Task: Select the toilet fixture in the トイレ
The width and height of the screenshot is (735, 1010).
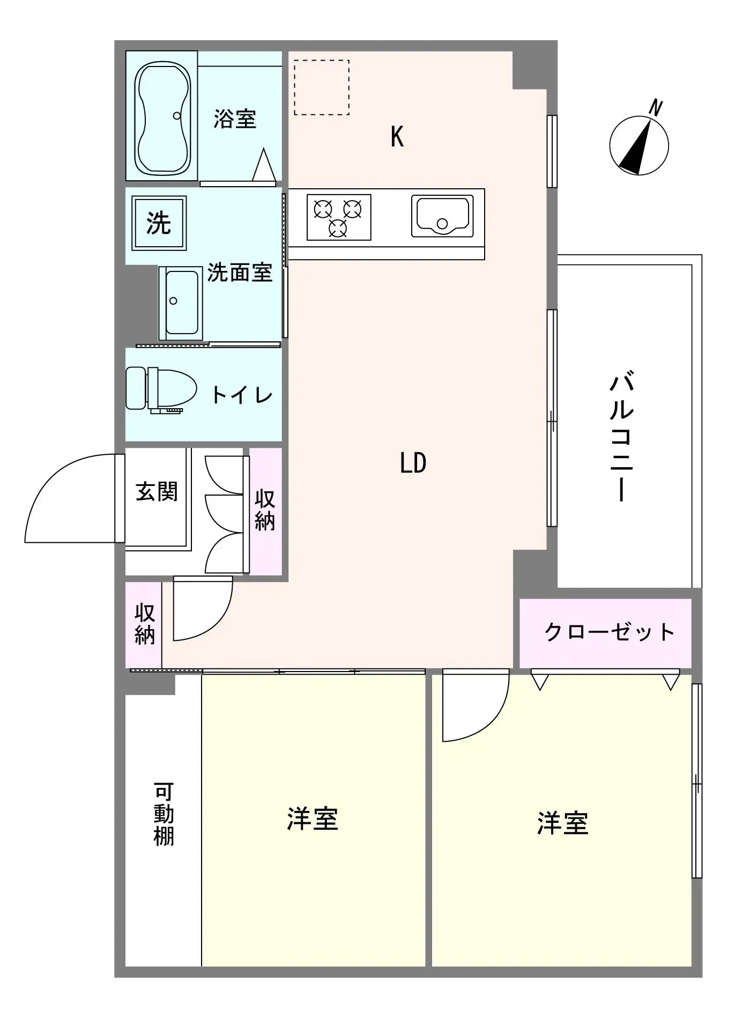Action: point(161,390)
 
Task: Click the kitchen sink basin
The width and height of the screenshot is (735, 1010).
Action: point(442,216)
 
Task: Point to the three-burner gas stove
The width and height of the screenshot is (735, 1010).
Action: point(339,217)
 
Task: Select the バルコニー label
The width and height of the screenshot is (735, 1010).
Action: point(621,438)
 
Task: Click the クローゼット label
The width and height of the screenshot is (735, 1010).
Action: point(609,632)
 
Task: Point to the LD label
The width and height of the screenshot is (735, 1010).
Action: point(413,463)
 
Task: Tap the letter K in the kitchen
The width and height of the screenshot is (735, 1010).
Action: point(397,137)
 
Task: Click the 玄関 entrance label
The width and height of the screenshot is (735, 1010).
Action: point(157,491)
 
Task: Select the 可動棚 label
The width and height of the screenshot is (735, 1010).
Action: point(164,814)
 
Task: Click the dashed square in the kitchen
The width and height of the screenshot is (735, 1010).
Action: point(322,87)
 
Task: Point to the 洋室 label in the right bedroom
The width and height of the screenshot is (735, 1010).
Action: point(563,823)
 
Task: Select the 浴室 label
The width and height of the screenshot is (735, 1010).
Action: point(235,119)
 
